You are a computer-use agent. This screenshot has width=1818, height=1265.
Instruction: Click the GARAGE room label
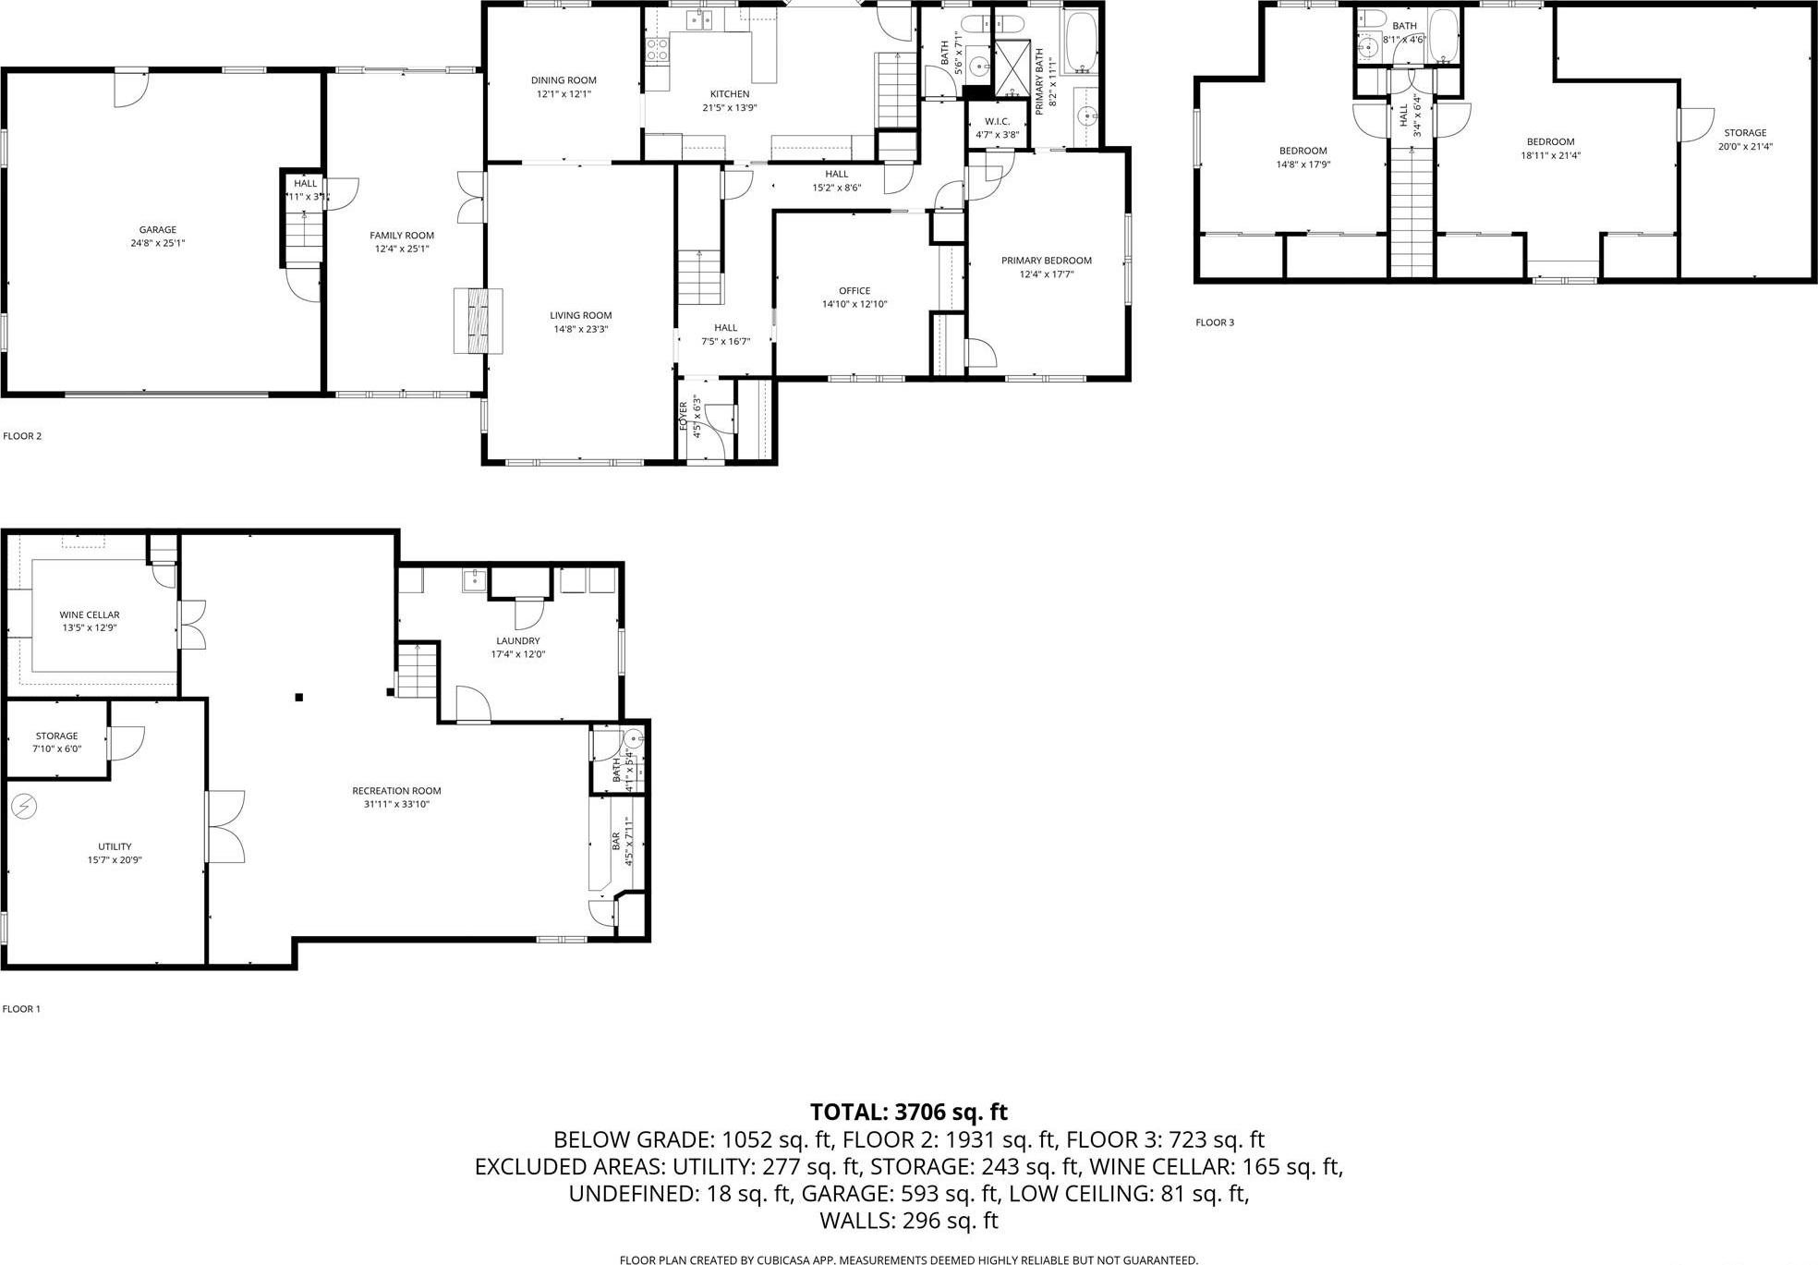tap(157, 230)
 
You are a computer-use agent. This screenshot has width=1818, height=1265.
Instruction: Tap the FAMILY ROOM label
tap(402, 236)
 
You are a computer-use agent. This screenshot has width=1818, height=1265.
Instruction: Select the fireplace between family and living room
tap(478, 320)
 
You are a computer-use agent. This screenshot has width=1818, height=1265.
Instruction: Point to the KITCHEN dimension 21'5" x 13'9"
tap(729, 107)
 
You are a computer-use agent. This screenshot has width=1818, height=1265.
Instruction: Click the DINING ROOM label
tap(564, 80)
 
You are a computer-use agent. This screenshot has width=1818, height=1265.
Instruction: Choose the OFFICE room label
tap(854, 291)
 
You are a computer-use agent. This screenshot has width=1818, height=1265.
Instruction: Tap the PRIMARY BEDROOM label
tap(1046, 261)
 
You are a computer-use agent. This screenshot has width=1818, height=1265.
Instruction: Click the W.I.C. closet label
tap(997, 121)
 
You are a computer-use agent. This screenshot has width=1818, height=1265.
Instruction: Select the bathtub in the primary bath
tap(1079, 42)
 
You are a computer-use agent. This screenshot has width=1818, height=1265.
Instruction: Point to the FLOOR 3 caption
tap(1214, 322)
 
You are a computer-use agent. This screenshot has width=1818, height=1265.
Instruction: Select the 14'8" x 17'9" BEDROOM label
tap(1303, 151)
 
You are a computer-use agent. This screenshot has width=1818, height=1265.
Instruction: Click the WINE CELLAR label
tap(89, 614)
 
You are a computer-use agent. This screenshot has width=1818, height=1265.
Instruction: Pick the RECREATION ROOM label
tap(396, 791)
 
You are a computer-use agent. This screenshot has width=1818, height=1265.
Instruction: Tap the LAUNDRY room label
tap(517, 640)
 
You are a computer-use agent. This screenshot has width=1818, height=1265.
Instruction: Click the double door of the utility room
tap(224, 827)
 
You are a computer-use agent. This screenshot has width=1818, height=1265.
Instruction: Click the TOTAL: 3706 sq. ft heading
tap(908, 1112)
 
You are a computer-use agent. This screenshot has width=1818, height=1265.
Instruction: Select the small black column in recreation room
tap(298, 698)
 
